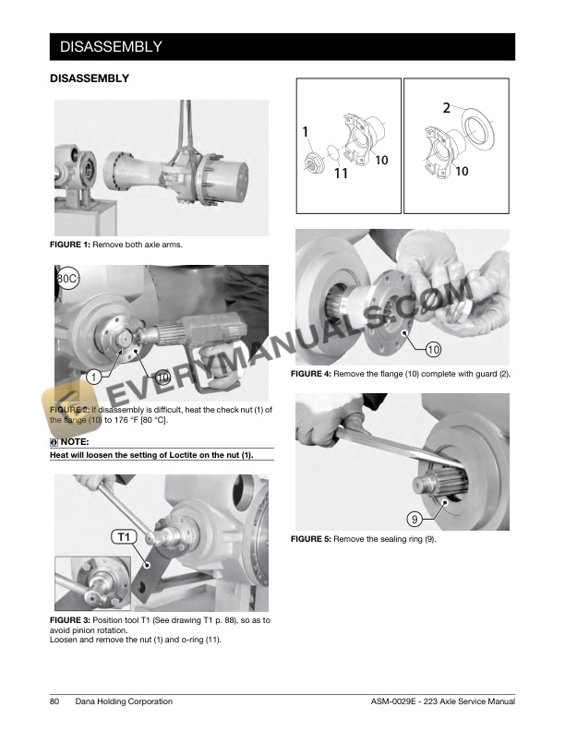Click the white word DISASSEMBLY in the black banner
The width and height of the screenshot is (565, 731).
tap(111, 47)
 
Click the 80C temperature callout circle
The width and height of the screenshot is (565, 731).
tap(67, 279)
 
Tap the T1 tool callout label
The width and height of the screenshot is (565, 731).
tap(124, 537)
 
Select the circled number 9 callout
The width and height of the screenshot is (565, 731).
tap(415, 519)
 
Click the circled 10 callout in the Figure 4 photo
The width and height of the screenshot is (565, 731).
tap(434, 350)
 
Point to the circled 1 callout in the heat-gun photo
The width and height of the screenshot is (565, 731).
tap(94, 377)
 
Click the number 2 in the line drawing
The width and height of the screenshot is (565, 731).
tap(446, 108)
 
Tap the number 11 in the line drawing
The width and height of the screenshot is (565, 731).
tap(342, 174)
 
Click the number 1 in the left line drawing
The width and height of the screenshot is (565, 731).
tap(306, 132)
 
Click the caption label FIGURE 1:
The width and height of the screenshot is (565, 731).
tap(70, 245)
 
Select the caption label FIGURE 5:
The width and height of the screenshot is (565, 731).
tap(311, 539)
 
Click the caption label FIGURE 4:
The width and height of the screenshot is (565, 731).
tap(311, 374)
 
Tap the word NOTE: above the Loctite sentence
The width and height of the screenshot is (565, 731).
tap(75, 441)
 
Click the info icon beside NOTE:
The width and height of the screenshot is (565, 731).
tap(54, 442)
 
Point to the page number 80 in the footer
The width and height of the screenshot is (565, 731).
tap(54, 701)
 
